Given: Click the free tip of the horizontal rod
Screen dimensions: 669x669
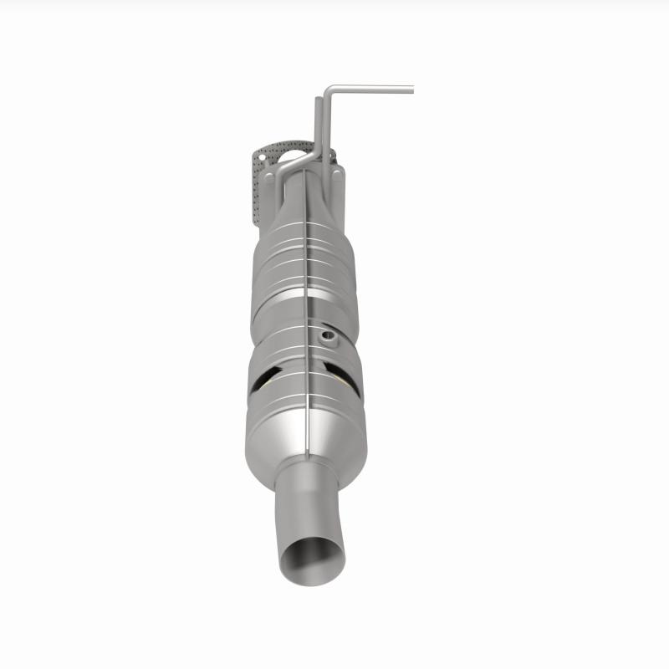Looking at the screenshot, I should [411, 87].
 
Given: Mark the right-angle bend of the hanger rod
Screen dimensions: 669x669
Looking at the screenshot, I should [329, 89].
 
